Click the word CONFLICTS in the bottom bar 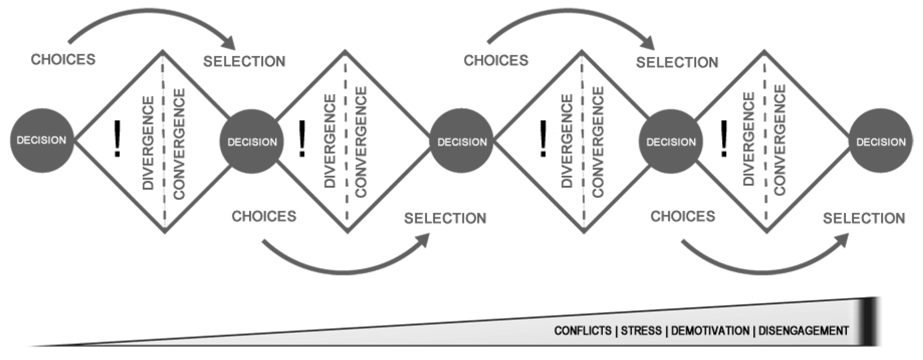[x=583, y=331]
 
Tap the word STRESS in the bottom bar [x=641, y=331]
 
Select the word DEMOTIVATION [x=710, y=331]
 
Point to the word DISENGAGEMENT [x=803, y=331]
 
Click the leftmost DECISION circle [x=42, y=140]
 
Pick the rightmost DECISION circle [x=880, y=142]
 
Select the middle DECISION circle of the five [x=461, y=142]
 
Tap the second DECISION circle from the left [x=252, y=142]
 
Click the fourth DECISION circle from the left [x=671, y=142]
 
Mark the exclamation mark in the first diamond [x=118, y=139]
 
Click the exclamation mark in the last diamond [x=724, y=139]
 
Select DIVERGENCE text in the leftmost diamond [x=148, y=143]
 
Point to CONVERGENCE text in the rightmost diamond [x=780, y=140]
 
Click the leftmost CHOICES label [x=63, y=60]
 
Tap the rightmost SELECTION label [x=864, y=218]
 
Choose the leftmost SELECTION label [x=244, y=62]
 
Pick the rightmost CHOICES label [x=683, y=216]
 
